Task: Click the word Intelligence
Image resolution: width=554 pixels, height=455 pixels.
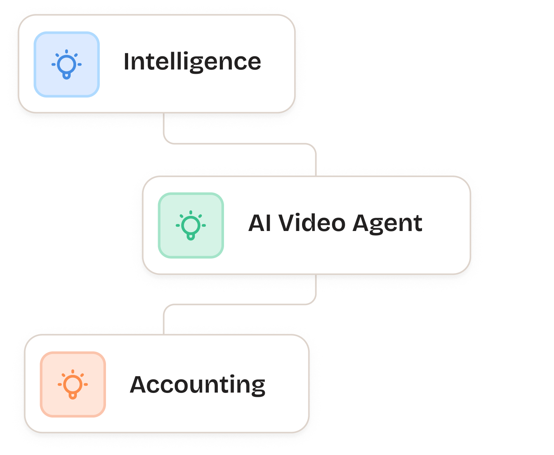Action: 192,62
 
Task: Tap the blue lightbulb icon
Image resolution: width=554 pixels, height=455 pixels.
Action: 66,64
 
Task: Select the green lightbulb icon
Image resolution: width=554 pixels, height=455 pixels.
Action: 191,225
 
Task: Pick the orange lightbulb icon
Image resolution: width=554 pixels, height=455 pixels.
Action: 73,384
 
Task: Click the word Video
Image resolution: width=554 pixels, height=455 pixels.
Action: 312,223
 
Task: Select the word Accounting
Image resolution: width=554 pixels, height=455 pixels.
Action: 197,385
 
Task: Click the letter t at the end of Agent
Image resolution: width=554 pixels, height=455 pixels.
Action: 418,224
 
